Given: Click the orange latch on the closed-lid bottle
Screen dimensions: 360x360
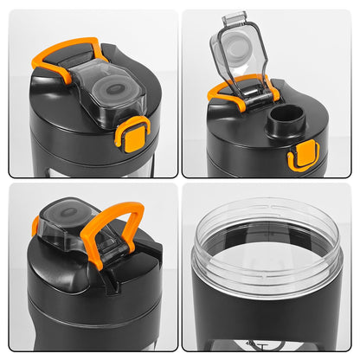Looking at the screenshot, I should (132, 135).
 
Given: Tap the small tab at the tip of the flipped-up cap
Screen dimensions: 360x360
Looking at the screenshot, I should (235, 17).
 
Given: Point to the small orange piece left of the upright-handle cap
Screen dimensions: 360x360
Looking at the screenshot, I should (35, 227).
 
